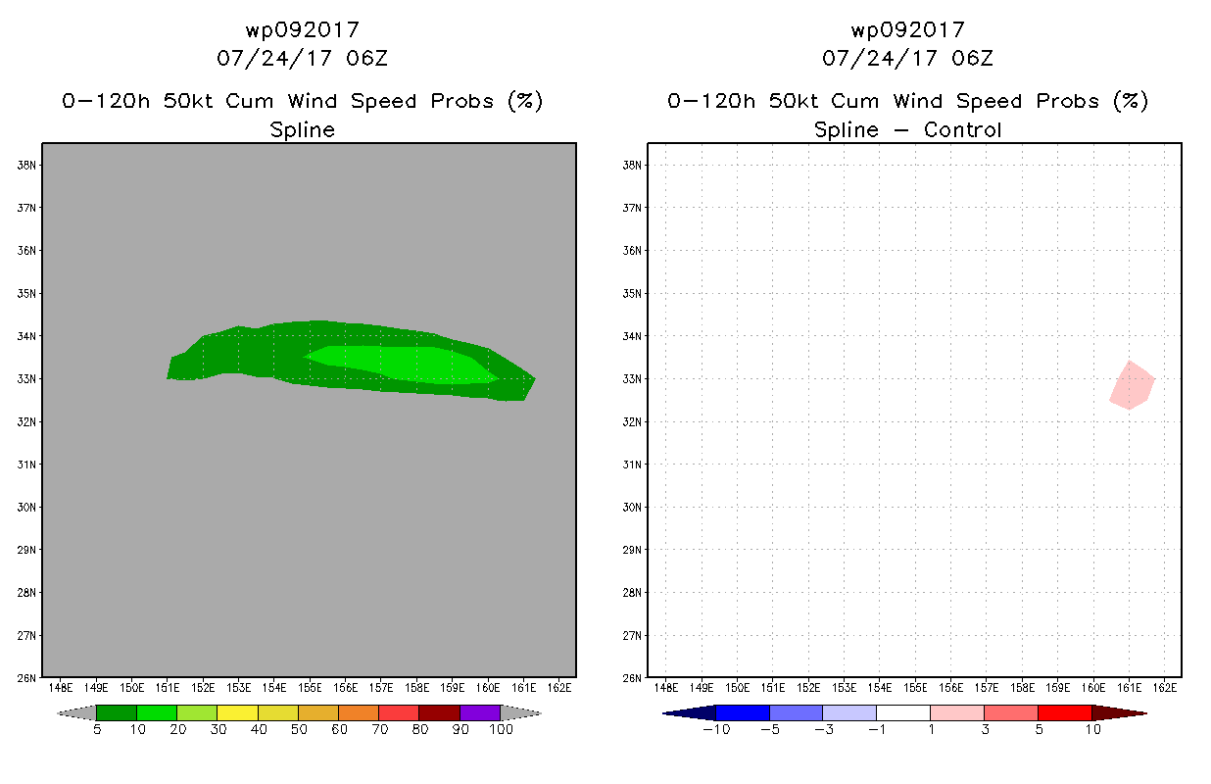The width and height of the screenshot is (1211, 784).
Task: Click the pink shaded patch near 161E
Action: tap(1132, 385)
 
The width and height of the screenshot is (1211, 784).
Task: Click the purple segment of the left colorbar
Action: tap(480, 712)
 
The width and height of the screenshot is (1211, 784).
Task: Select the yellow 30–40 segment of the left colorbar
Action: tap(237, 712)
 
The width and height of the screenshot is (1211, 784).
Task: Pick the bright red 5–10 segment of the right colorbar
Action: tap(1065, 712)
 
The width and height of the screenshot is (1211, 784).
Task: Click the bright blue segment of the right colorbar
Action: tap(743, 712)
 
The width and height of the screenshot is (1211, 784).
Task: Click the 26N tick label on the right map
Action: tap(632, 678)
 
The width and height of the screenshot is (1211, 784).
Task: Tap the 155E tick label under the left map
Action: tap(310, 688)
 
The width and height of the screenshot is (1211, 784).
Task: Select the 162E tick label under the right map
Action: tap(1165, 688)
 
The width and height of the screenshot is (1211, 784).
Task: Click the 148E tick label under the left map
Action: tap(60, 688)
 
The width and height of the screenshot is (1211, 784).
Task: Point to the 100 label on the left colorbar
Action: tap(501, 729)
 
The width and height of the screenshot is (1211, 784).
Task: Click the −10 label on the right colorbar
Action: tap(716, 729)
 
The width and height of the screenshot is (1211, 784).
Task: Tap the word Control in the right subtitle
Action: tap(962, 129)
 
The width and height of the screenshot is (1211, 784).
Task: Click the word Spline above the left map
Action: tap(302, 130)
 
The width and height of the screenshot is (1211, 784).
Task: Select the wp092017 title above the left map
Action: tap(302, 29)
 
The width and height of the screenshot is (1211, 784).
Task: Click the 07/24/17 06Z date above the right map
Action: tap(907, 58)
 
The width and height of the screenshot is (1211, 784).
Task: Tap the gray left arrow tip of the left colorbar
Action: tap(58, 713)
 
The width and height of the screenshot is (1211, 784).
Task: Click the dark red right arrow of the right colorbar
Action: tap(1119, 713)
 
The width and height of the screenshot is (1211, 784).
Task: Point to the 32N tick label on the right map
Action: tap(632, 421)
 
